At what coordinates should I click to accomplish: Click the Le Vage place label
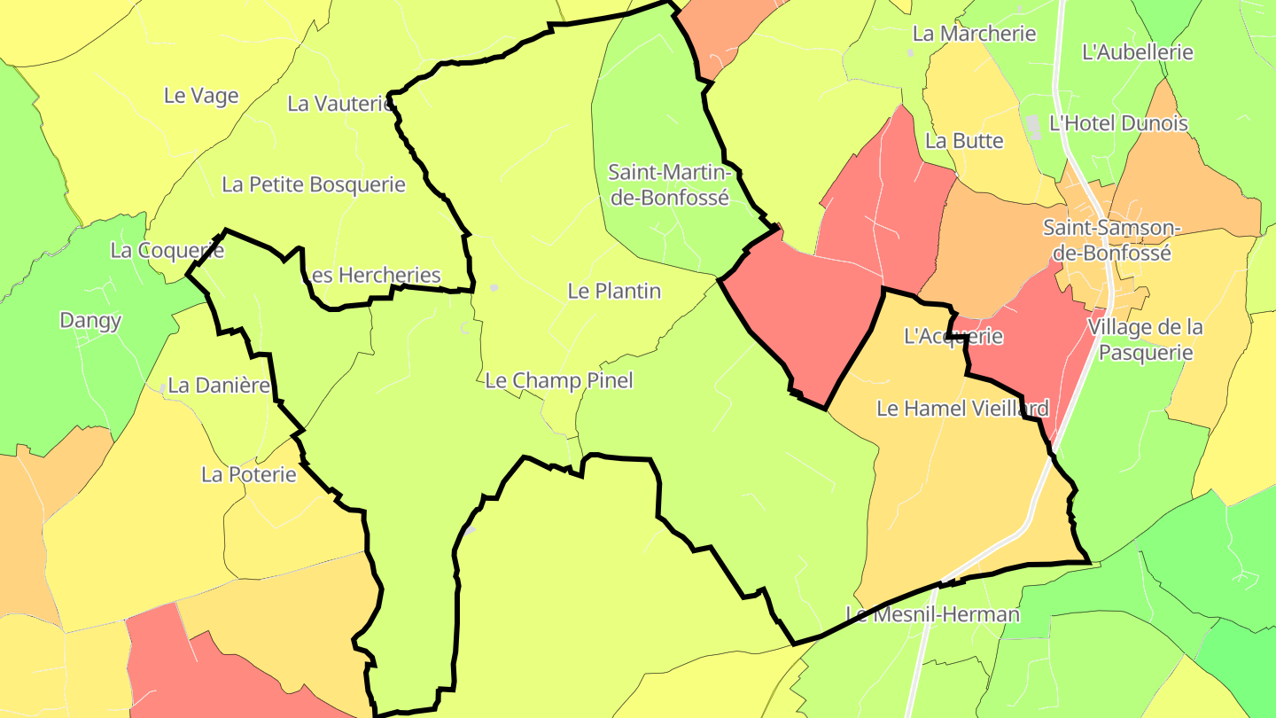click(201, 96)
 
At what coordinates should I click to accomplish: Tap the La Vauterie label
click(338, 104)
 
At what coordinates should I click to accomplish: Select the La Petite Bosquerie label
click(314, 184)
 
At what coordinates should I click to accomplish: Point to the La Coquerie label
click(167, 251)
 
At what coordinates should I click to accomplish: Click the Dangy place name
click(90, 320)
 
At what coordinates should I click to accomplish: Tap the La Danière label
click(218, 386)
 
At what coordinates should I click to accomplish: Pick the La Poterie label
click(249, 474)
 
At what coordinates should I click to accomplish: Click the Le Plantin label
click(614, 291)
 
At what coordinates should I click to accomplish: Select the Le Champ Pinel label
click(559, 381)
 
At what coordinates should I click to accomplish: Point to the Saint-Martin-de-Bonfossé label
click(669, 184)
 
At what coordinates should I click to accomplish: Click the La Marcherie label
click(974, 34)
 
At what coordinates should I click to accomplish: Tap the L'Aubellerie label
click(1138, 52)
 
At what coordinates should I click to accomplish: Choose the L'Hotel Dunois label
click(1118, 123)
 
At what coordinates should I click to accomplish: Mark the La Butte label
click(964, 141)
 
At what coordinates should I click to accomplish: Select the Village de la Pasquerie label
click(1146, 339)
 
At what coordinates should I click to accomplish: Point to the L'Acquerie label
click(953, 336)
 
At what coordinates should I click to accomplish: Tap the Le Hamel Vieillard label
click(962, 409)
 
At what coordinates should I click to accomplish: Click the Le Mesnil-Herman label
click(932, 614)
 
